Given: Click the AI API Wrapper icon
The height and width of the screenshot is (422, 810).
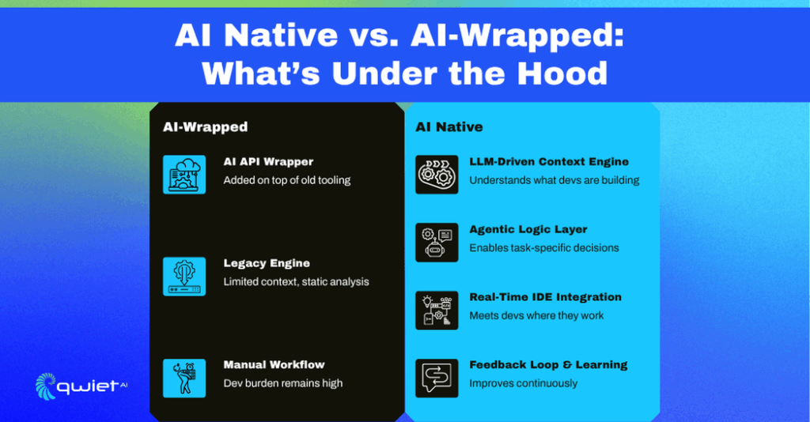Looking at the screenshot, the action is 184,175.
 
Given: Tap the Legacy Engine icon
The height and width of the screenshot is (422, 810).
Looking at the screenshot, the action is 184,277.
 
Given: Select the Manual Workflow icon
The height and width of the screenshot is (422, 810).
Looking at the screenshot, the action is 184,379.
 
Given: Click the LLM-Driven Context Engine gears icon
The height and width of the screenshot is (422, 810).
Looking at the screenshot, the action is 437,175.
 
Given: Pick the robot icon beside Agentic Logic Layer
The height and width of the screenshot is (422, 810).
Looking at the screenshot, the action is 437,243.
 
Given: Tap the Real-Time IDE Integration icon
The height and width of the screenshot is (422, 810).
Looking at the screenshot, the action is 437,310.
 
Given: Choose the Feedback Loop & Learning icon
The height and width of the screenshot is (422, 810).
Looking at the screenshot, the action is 437,379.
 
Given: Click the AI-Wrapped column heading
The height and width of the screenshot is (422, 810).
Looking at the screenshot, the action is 205,127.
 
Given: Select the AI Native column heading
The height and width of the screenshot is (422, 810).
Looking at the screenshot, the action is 449,127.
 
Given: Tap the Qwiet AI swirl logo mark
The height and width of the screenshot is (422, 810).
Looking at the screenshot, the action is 46,386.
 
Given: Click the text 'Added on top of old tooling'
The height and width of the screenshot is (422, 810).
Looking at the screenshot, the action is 286,180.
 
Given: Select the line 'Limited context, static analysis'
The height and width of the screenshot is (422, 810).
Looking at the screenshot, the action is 296,281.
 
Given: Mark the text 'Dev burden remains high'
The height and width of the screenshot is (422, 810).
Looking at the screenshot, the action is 283,383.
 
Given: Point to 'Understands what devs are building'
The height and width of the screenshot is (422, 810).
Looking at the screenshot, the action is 555,180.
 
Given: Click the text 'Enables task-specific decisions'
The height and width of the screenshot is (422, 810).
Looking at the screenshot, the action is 544,248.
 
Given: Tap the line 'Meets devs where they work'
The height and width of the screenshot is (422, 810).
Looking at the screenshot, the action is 536,316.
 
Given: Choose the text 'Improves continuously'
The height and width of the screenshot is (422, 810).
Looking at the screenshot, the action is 524,383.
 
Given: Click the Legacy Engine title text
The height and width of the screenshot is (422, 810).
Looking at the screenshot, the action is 267,263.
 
